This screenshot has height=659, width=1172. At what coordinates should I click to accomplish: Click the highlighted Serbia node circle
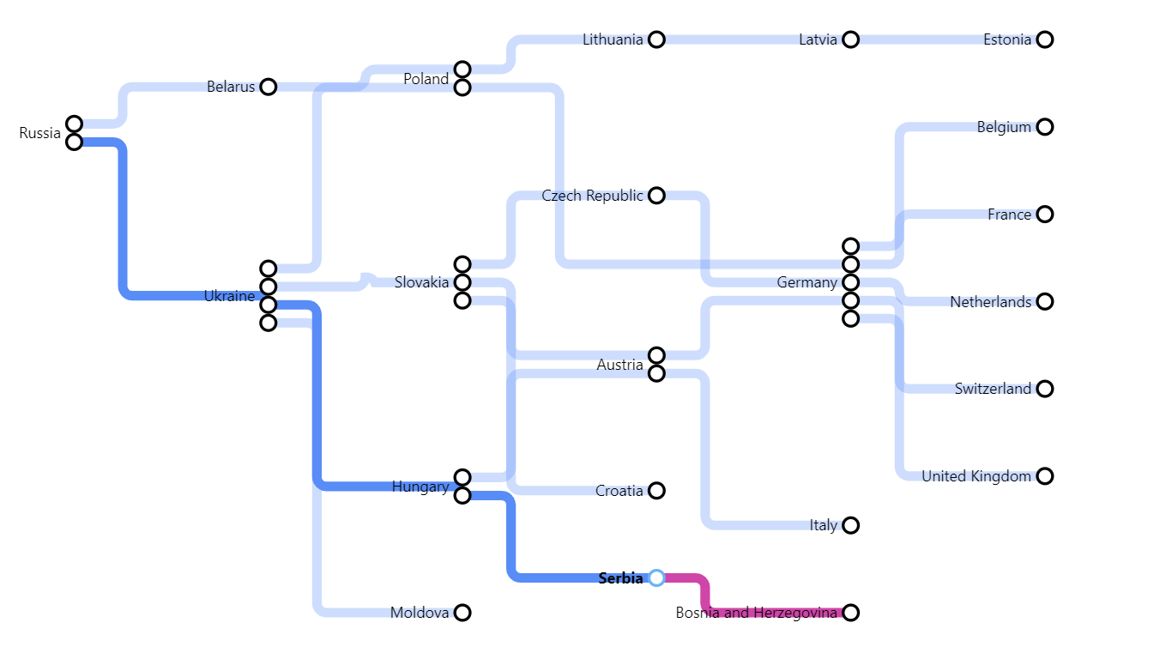click(656, 577)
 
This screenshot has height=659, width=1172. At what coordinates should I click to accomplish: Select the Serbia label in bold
click(620, 578)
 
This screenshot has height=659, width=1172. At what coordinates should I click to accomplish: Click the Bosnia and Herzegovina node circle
click(850, 612)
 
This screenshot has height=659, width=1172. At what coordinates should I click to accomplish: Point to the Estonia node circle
click(1044, 39)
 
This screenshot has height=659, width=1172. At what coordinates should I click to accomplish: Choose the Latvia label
click(818, 39)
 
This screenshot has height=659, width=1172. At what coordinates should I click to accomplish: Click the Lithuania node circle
click(656, 39)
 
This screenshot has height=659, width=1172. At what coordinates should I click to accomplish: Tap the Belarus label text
click(231, 87)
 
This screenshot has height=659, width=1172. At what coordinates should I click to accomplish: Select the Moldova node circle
click(462, 612)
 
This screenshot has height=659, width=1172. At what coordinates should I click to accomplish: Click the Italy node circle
click(850, 525)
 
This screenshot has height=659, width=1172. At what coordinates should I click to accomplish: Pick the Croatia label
click(619, 491)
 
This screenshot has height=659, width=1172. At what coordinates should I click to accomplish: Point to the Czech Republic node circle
click(656, 196)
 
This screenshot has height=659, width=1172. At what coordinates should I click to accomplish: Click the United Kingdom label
click(976, 476)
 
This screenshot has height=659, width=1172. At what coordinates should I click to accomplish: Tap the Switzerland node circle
click(1044, 389)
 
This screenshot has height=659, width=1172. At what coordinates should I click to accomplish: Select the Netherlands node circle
click(1044, 301)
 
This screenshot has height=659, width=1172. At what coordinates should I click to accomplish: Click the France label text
click(1009, 215)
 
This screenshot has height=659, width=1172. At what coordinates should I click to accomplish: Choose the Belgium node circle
click(1044, 127)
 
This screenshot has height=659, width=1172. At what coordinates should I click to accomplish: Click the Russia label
click(40, 133)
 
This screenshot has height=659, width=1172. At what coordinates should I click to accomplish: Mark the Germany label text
click(807, 282)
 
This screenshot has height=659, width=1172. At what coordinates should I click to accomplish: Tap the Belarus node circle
click(269, 87)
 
